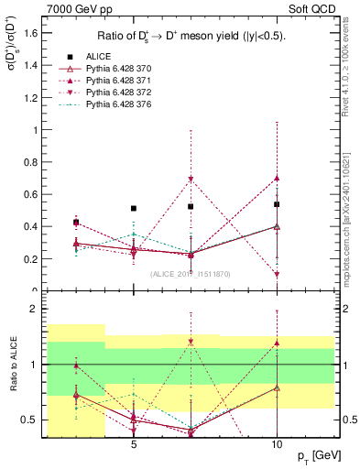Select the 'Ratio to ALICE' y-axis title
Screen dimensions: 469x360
pos(11,364)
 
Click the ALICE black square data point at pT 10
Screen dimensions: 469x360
pos(277,204)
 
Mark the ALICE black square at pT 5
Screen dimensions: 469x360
pos(134,209)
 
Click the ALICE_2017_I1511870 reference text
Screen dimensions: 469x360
pos(190,274)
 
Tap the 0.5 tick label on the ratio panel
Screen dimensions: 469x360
pos(31,420)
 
